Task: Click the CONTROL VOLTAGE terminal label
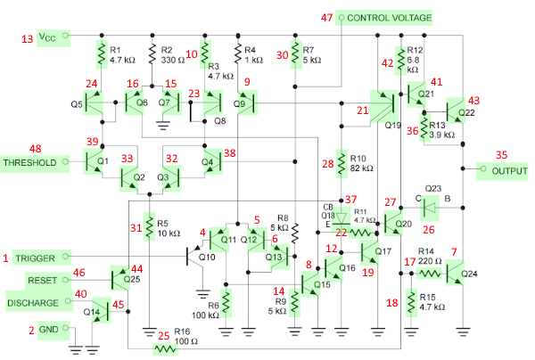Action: [389, 18]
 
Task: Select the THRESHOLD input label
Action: [30, 162]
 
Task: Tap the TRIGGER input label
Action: [35, 258]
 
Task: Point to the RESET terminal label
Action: [42, 280]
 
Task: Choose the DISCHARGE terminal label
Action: [33, 303]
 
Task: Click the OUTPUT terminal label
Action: [509, 171]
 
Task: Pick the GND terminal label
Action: [49, 330]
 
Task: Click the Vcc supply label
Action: [47, 37]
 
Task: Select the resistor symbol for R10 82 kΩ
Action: [342, 163]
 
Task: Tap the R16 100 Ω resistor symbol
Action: [165, 349]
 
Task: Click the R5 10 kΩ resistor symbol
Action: [149, 226]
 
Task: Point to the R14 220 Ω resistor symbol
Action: [430, 274]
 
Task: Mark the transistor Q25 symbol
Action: [120, 279]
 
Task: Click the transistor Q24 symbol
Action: [455, 273]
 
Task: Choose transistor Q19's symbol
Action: [384, 107]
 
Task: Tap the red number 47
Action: [327, 18]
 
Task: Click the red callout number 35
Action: [501, 155]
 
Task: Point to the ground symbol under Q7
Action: [163, 126]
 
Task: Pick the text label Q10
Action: [207, 257]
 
